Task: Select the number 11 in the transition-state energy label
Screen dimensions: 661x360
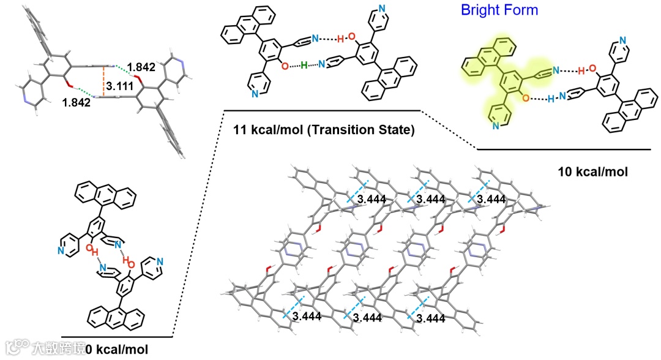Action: click(x=241, y=130)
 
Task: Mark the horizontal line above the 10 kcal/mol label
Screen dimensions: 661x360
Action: click(x=563, y=149)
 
